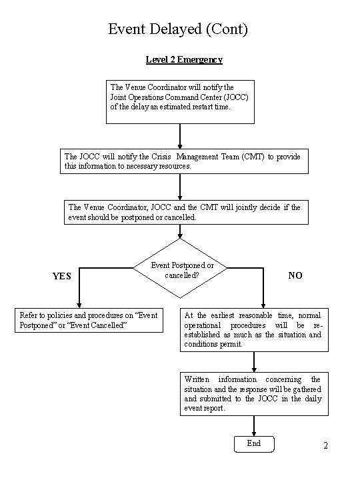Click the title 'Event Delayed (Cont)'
pyautogui.click(x=178, y=29)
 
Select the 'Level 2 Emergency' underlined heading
pyautogui.click(x=184, y=59)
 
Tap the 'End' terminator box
pyautogui.click(x=254, y=444)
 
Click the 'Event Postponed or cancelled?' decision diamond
pyautogui.click(x=180, y=268)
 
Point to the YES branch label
pyautogui.click(x=62, y=276)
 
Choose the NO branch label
pyautogui.click(x=295, y=275)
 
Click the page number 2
pyautogui.click(x=326, y=445)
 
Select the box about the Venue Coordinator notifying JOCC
pyautogui.click(x=180, y=102)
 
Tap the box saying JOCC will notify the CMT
pyautogui.click(x=184, y=161)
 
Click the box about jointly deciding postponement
pyautogui.click(x=186, y=213)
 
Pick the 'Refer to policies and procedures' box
pyautogui.click(x=89, y=320)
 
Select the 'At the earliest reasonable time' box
pyautogui.click(x=254, y=330)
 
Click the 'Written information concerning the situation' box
pyautogui.click(x=254, y=394)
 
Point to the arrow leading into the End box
pyautogui.click(x=254, y=426)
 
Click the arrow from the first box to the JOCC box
pyautogui.click(x=180, y=136)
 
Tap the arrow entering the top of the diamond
pyautogui.click(x=180, y=231)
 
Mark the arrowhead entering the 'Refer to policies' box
pyautogui.click(x=79, y=305)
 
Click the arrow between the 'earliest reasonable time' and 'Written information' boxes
pyautogui.click(x=254, y=362)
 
